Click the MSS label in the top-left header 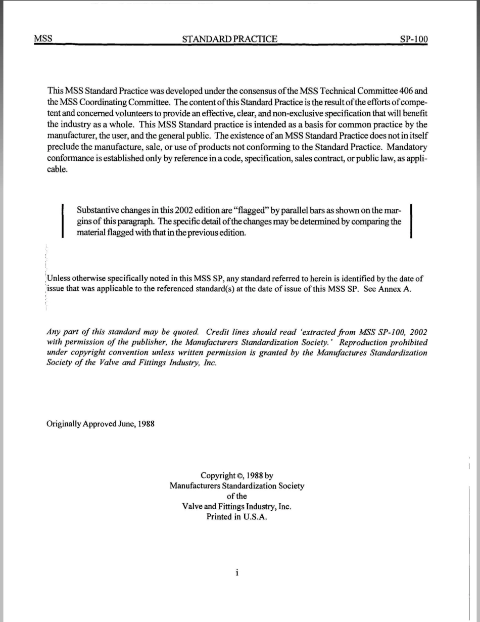point(43,39)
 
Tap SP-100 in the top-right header point(413,39)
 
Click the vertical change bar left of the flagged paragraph point(62,220)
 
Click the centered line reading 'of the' point(237,496)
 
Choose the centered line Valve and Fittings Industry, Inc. point(237,507)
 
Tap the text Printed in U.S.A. point(237,517)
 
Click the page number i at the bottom point(236,572)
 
